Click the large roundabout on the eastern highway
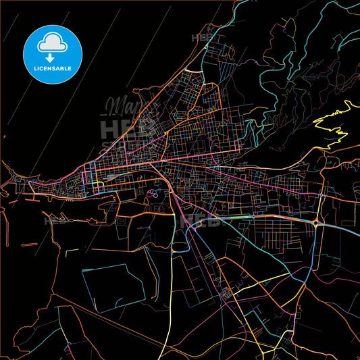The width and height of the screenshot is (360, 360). point(317,222)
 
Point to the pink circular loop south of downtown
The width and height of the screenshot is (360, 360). point(155,195)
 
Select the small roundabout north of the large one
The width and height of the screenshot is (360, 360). point(322,196)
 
